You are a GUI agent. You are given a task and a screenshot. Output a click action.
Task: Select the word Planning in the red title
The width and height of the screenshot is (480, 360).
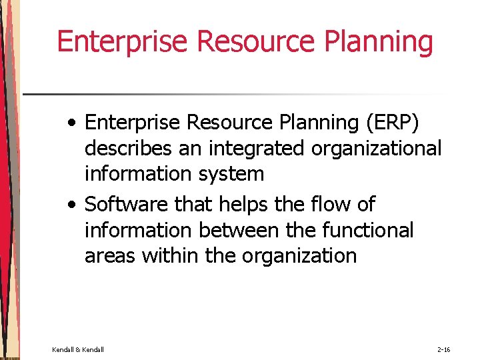coord(379,41)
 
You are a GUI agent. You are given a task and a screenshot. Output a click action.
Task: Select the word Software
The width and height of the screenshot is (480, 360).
coord(127,204)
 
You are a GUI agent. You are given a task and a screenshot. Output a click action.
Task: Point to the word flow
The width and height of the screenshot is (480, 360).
coord(320,204)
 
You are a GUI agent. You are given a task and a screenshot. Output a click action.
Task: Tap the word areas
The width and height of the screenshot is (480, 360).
coord(110,255)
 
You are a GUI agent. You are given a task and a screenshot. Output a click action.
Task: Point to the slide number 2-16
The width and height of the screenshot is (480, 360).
coord(444,349)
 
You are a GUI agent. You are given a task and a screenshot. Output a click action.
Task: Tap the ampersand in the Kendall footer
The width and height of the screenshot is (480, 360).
coord(78,349)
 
